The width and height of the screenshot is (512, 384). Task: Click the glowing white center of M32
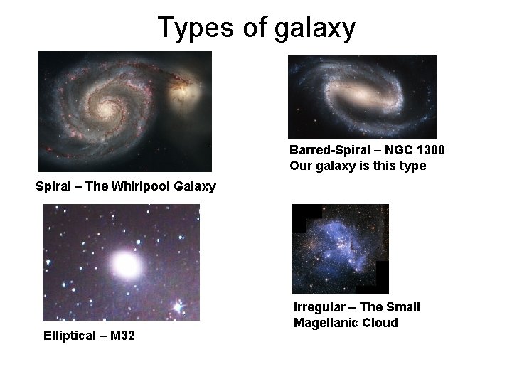(126, 265)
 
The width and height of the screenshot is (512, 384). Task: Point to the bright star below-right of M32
(178, 306)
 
